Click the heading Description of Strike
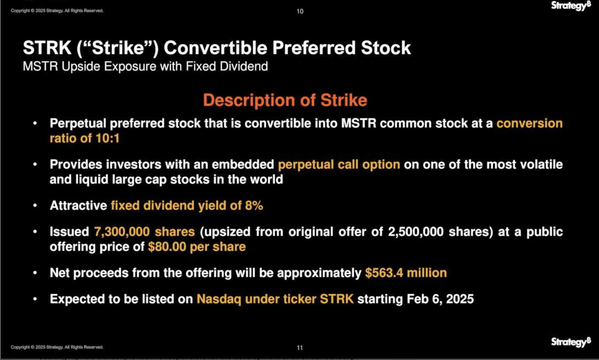pos(285,100)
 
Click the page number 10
pos(300,11)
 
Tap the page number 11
pos(300,348)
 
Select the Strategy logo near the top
pos(571,6)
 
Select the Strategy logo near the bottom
pos(571,342)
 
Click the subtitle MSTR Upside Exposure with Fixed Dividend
pos(145,67)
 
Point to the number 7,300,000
pos(122,232)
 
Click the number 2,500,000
pos(416,232)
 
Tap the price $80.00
pos(167,247)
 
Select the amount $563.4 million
pos(406,273)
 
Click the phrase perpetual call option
pos(339,165)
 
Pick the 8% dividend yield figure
pos(254,205)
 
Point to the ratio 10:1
pos(107,138)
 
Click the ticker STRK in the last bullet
pos(337,299)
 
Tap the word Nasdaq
pos(219,299)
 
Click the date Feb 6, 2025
pos(440,299)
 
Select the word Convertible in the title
pos(215,48)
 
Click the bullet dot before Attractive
pos(35,205)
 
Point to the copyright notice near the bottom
pos(57,347)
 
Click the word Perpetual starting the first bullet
pos(77,123)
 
